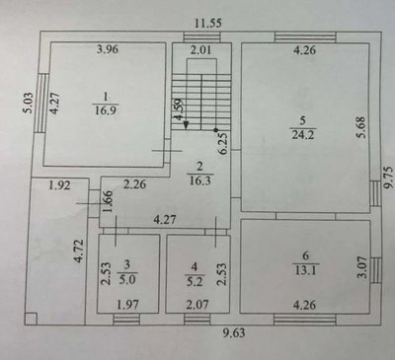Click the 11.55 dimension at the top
pyautogui.click(x=208, y=24)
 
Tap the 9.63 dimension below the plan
pyautogui.click(x=234, y=332)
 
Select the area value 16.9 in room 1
pyautogui.click(x=106, y=109)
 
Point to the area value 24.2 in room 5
pyautogui.click(x=303, y=135)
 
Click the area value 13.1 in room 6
pyautogui.click(x=305, y=270)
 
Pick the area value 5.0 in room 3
pyautogui.click(x=127, y=279)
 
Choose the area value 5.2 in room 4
pyautogui.click(x=195, y=281)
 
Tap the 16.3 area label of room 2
pyautogui.click(x=199, y=180)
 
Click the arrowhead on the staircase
pyautogui.click(x=186, y=125)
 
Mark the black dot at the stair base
pyautogui.click(x=216, y=130)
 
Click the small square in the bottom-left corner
pyautogui.click(x=31, y=319)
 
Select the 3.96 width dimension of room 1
pyautogui.click(x=108, y=49)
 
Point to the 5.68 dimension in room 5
pyautogui.click(x=361, y=127)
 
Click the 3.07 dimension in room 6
pyautogui.click(x=362, y=267)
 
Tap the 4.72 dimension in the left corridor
pyautogui.click(x=79, y=251)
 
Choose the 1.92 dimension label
pyautogui.click(x=59, y=185)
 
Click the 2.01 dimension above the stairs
pyautogui.click(x=200, y=50)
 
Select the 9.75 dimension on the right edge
pyautogui.click(x=388, y=178)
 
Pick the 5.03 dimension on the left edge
pyautogui.click(x=29, y=103)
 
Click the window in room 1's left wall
pyautogui.click(x=40, y=103)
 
